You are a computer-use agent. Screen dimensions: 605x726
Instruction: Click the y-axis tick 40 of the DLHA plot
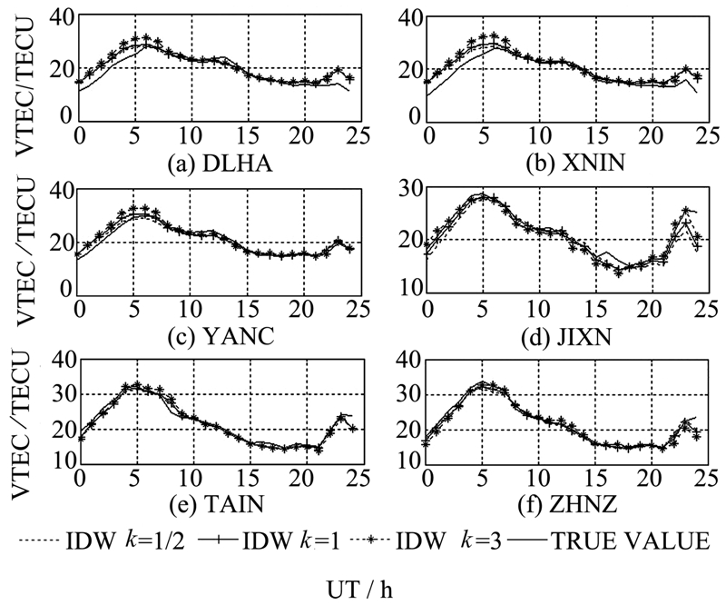pyautogui.click(x=61, y=18)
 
